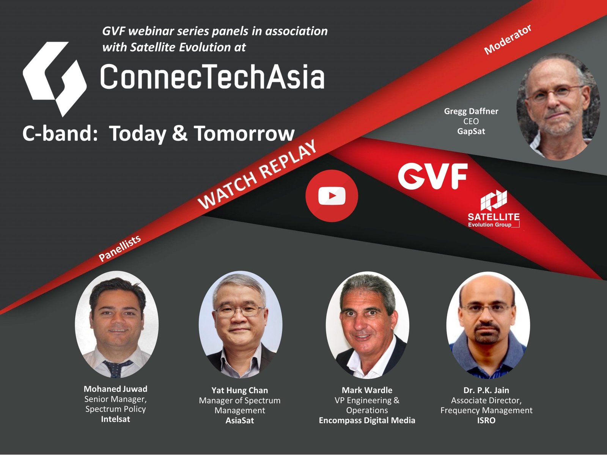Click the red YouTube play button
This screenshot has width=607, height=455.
(x=332, y=196)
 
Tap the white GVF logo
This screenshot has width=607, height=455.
(x=433, y=176)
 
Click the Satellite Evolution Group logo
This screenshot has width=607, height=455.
(x=494, y=209)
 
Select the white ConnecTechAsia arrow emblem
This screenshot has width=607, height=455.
(x=55, y=79)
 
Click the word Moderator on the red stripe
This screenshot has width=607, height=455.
(x=508, y=39)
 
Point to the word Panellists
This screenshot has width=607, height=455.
(x=120, y=248)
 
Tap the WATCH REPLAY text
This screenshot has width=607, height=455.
(x=257, y=174)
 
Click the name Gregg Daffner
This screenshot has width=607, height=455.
(x=471, y=111)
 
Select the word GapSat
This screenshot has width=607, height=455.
(x=471, y=131)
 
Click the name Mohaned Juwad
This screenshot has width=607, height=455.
(x=116, y=389)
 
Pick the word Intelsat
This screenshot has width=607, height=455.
(x=116, y=419)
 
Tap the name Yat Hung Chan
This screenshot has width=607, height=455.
(x=240, y=390)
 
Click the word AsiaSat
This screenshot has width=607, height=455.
(x=240, y=420)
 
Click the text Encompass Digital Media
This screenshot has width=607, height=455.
(x=367, y=420)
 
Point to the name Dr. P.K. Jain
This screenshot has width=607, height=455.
(x=486, y=390)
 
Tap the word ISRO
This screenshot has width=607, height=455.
(x=486, y=420)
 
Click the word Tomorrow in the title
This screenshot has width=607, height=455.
(x=244, y=133)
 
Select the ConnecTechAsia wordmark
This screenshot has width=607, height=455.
(x=212, y=76)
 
